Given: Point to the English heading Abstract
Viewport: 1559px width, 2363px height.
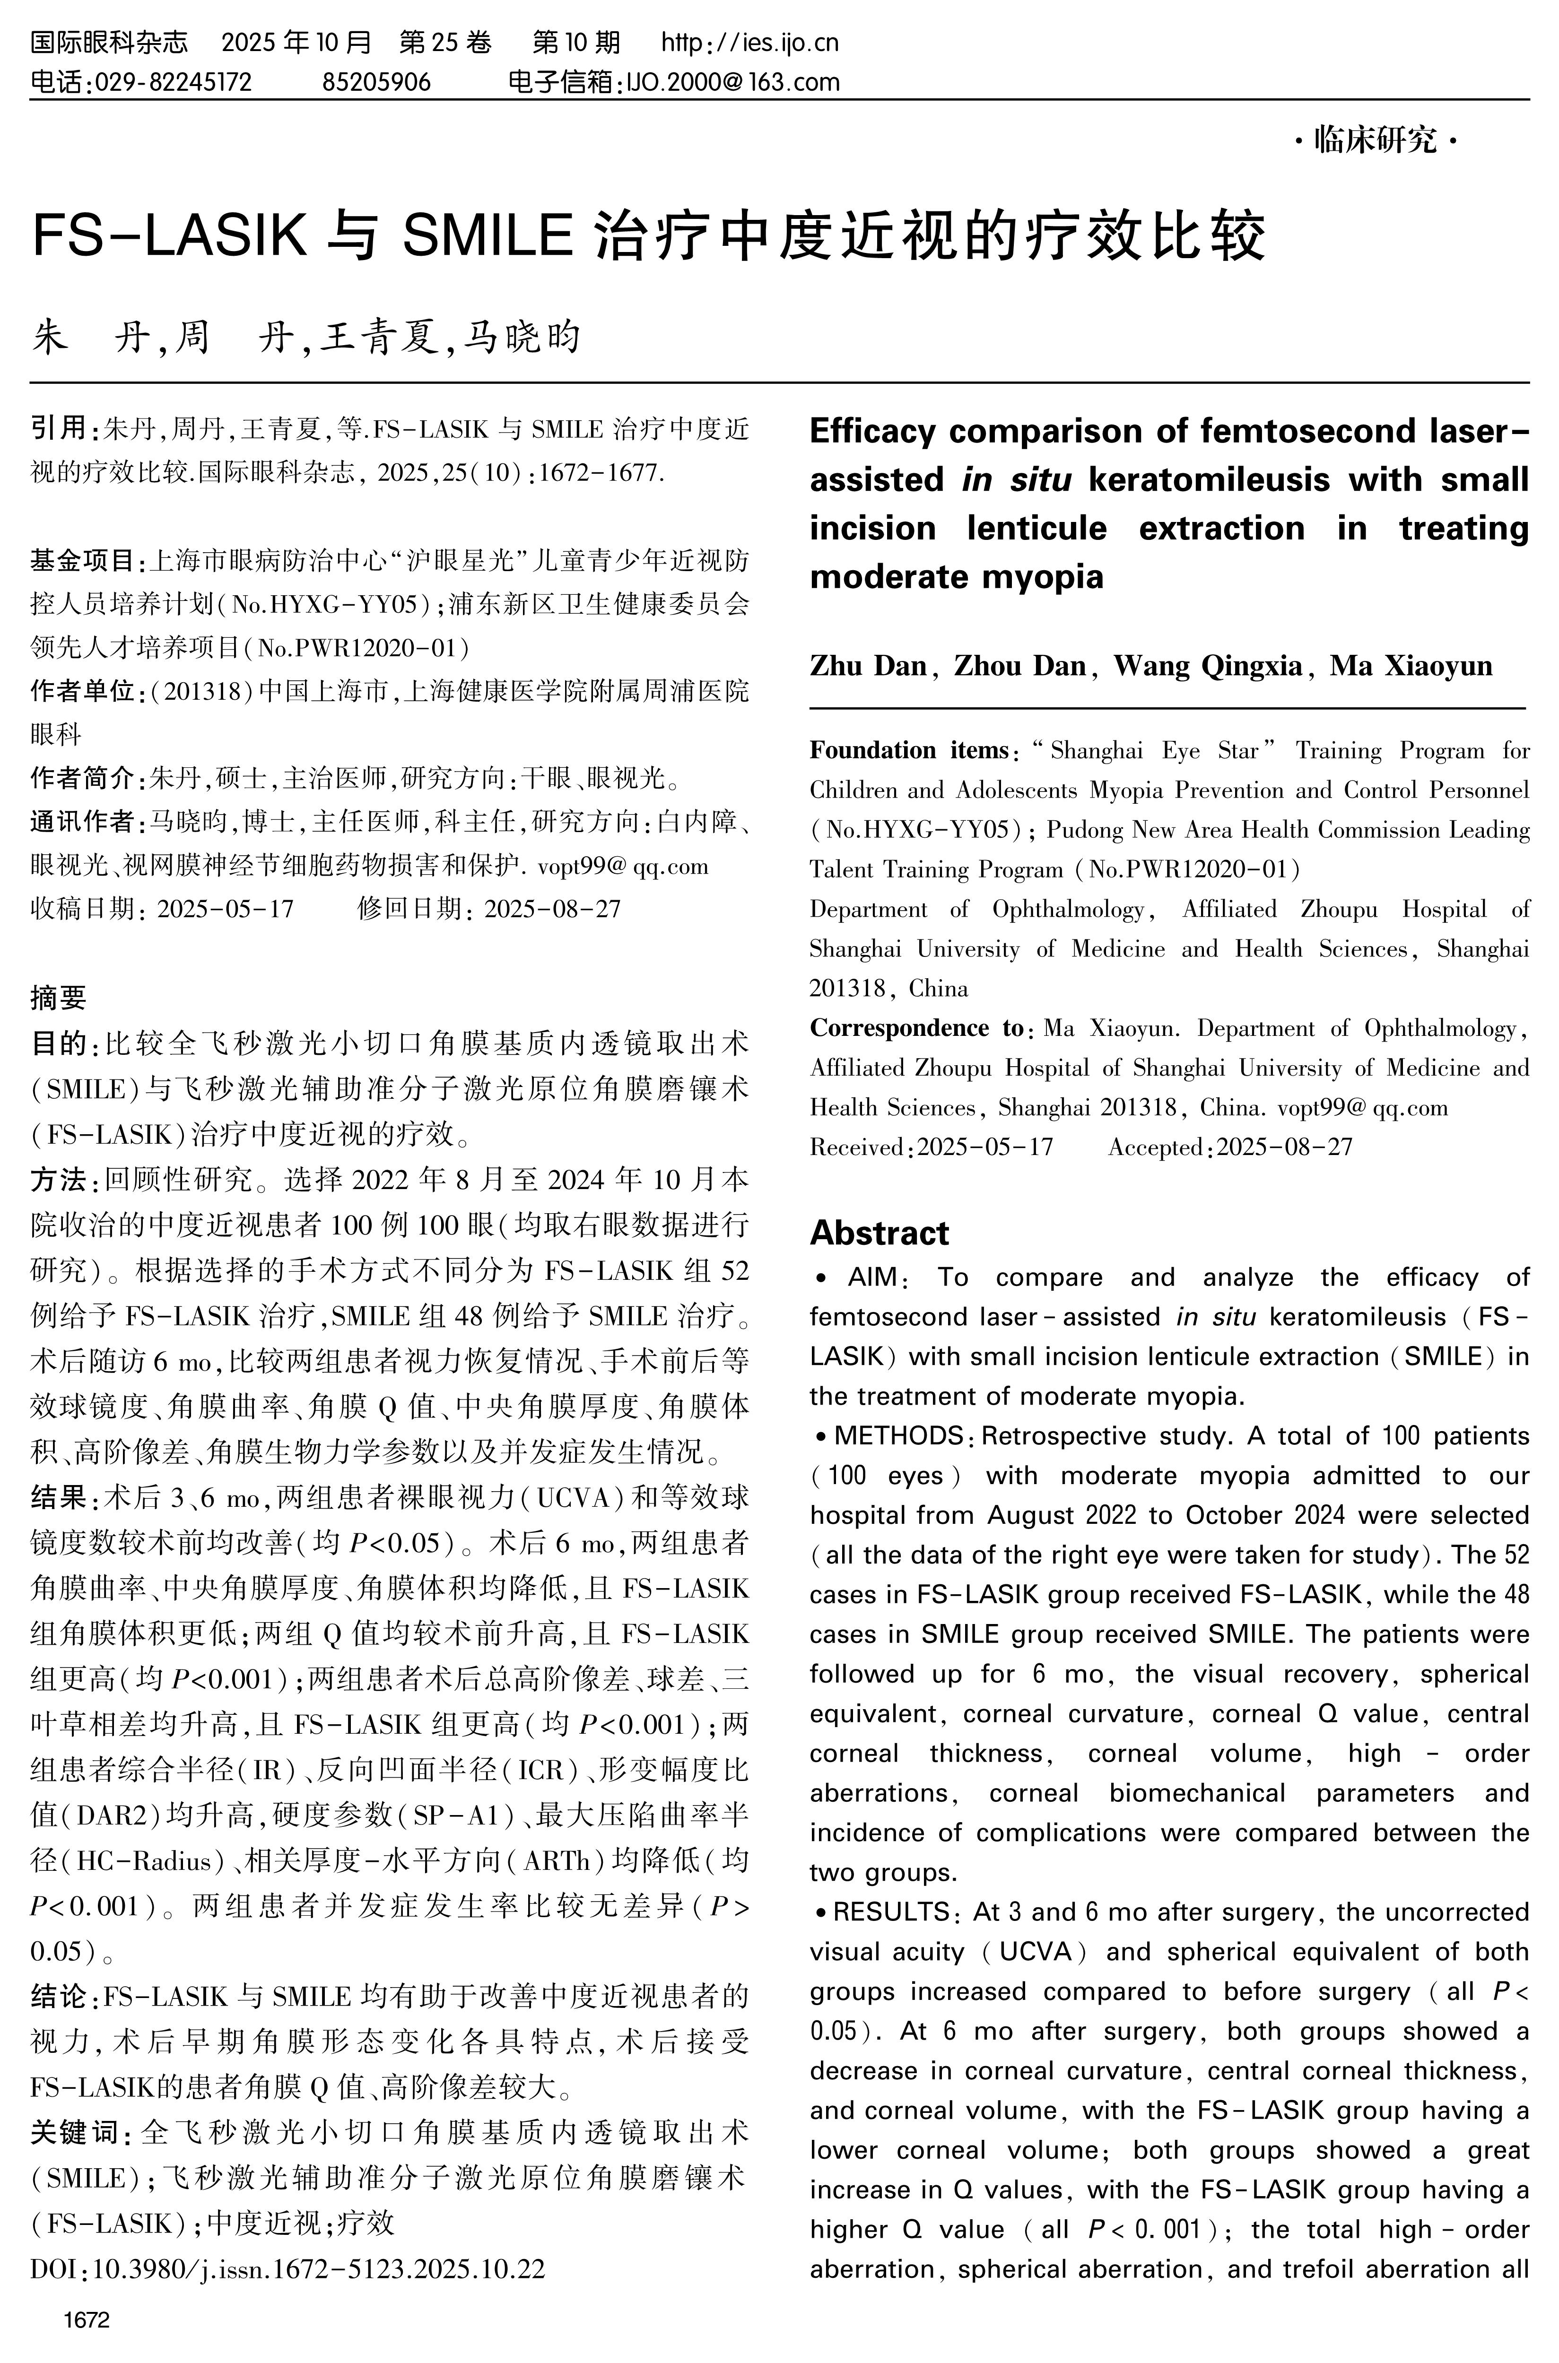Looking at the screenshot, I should pos(879,1234).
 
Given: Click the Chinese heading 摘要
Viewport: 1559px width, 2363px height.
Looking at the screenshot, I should pos(59,997).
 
